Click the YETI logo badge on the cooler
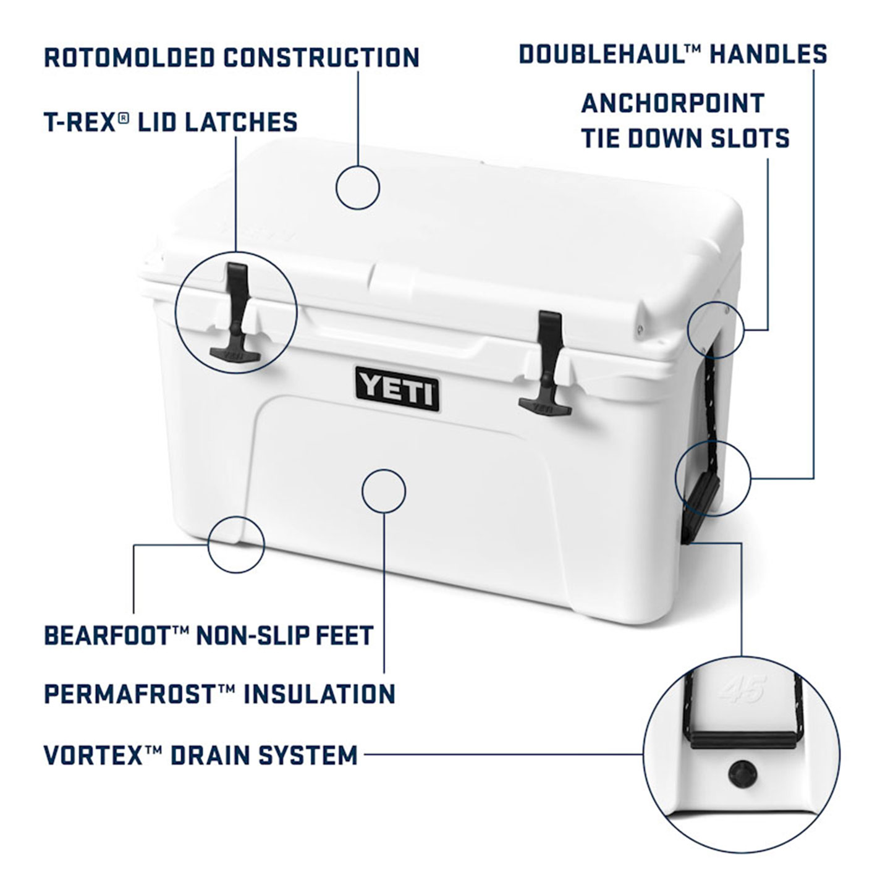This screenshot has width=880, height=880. pos(397,389)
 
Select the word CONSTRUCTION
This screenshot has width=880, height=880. pos(321,57)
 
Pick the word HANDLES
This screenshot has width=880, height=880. pos(768,54)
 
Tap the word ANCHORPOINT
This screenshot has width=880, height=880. pos(673,103)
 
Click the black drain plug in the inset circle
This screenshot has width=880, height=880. pos(743,774)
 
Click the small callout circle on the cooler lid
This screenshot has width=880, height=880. pos(358,188)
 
